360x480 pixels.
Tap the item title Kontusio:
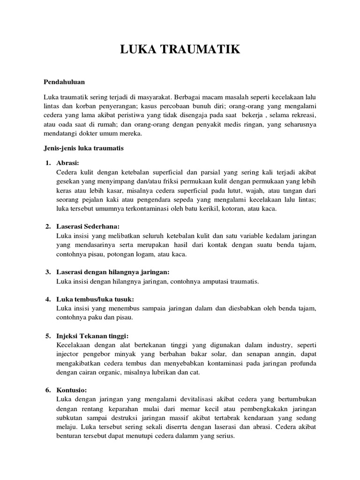click(x=71, y=390)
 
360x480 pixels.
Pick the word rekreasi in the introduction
click(x=300, y=115)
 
